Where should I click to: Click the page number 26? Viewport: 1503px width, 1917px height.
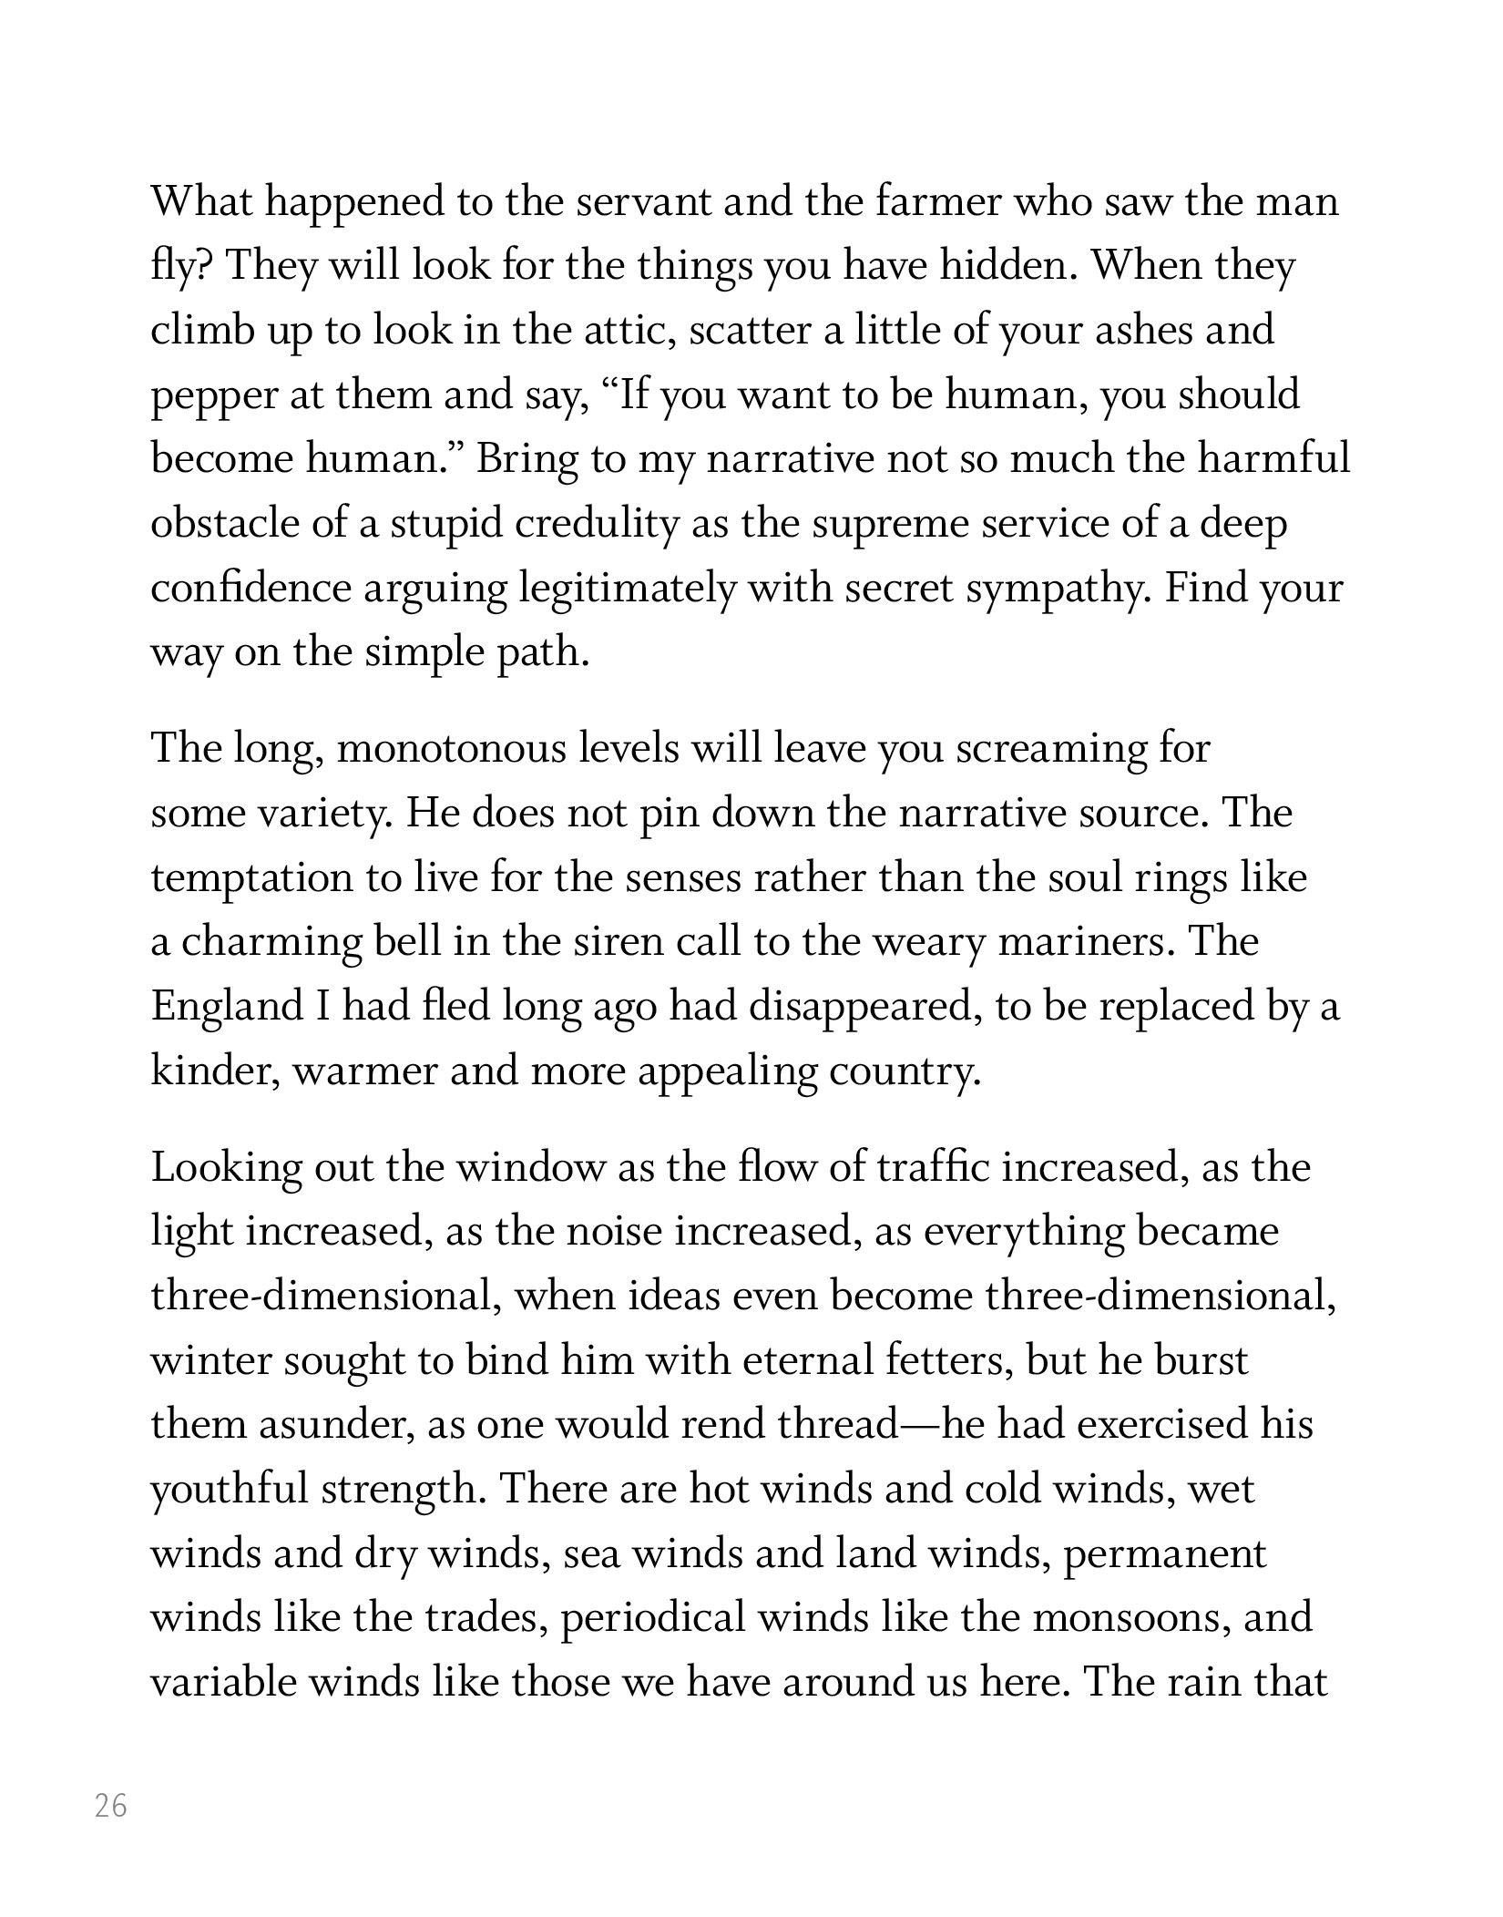click(111, 1805)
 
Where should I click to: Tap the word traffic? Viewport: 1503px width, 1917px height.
click(931, 1167)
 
